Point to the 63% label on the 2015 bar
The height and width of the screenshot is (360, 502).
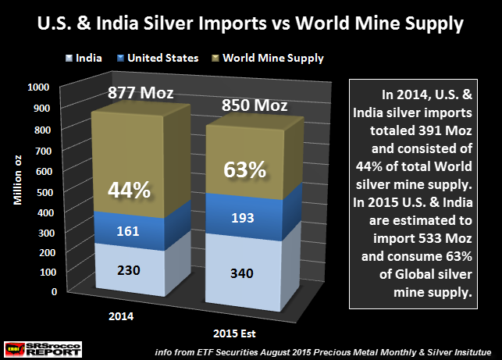coord(244,168)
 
